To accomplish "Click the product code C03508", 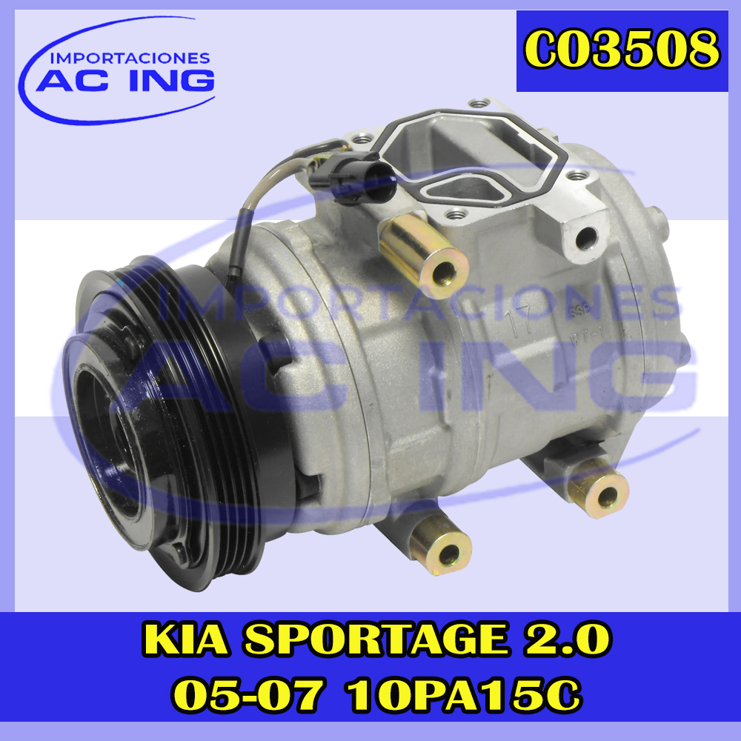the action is pos(622,50).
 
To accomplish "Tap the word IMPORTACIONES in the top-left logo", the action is pos(130,58).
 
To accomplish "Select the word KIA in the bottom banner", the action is pos(186,640).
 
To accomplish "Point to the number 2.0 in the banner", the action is pos(566,640).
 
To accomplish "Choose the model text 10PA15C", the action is pos(464,695).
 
